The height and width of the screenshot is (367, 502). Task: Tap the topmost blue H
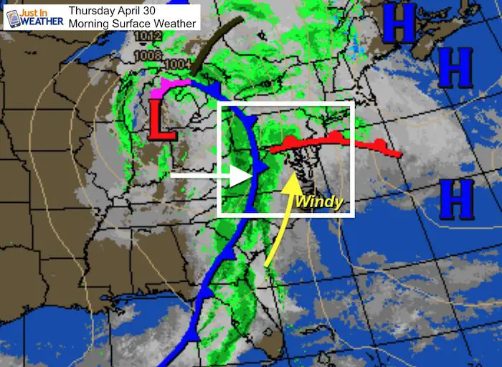(x=398, y=24)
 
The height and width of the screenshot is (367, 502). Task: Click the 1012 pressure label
(x=147, y=35)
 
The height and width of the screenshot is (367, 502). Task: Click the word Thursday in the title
(x=93, y=10)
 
